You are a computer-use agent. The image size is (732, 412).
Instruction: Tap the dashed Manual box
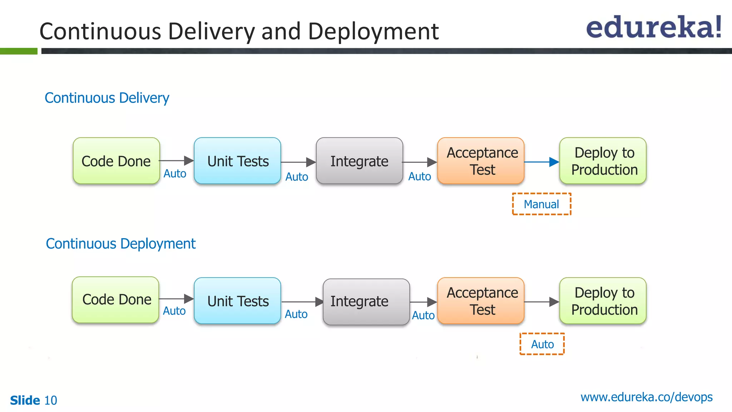click(541, 204)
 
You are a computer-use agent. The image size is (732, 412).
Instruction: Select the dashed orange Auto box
click(542, 344)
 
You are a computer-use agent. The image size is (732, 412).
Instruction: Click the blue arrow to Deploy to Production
click(541, 162)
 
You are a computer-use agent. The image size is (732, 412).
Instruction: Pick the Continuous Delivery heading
click(107, 98)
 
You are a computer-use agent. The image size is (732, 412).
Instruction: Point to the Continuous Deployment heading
click(120, 244)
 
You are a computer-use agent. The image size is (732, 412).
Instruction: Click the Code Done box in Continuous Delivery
click(116, 161)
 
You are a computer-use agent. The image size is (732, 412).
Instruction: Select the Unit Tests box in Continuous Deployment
click(238, 301)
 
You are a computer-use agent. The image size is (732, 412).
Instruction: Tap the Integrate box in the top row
click(359, 161)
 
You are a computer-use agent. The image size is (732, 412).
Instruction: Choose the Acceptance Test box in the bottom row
click(481, 301)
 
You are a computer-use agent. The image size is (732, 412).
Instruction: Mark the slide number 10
click(50, 400)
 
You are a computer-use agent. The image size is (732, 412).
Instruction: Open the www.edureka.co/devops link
click(646, 397)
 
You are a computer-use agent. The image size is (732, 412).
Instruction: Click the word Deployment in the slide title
click(373, 31)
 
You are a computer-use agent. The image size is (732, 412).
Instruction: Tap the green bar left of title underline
click(19, 51)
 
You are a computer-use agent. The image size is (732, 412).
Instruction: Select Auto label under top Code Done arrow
click(175, 173)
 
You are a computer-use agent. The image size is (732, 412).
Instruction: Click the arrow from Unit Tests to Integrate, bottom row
click(302, 302)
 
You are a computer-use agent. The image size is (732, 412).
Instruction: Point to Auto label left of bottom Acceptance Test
click(423, 315)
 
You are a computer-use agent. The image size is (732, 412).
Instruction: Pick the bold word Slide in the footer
click(25, 400)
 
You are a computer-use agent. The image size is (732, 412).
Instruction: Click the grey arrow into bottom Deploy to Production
click(541, 302)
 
